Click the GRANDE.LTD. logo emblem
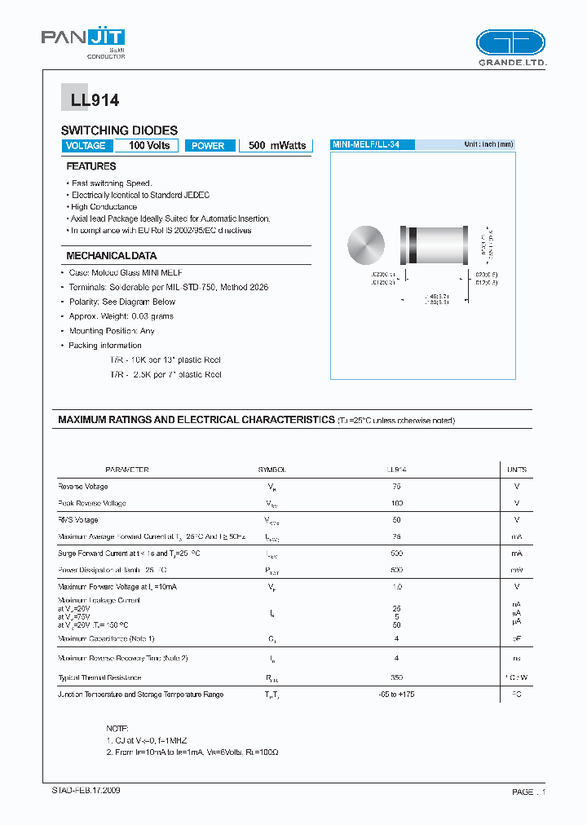point(510,42)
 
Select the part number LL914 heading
point(90,100)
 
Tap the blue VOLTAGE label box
point(86,146)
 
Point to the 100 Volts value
point(148,145)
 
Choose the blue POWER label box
point(210,146)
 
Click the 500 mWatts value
point(277,145)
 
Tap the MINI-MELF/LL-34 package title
point(372,144)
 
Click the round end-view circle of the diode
point(366,245)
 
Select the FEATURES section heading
point(91,166)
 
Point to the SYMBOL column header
point(272,470)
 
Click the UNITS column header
point(517,470)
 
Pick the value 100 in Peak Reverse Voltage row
point(397,504)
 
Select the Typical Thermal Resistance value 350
point(397,677)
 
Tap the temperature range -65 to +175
point(397,695)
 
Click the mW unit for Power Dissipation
point(517,571)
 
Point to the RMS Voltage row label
point(78,520)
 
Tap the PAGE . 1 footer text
point(527,792)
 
